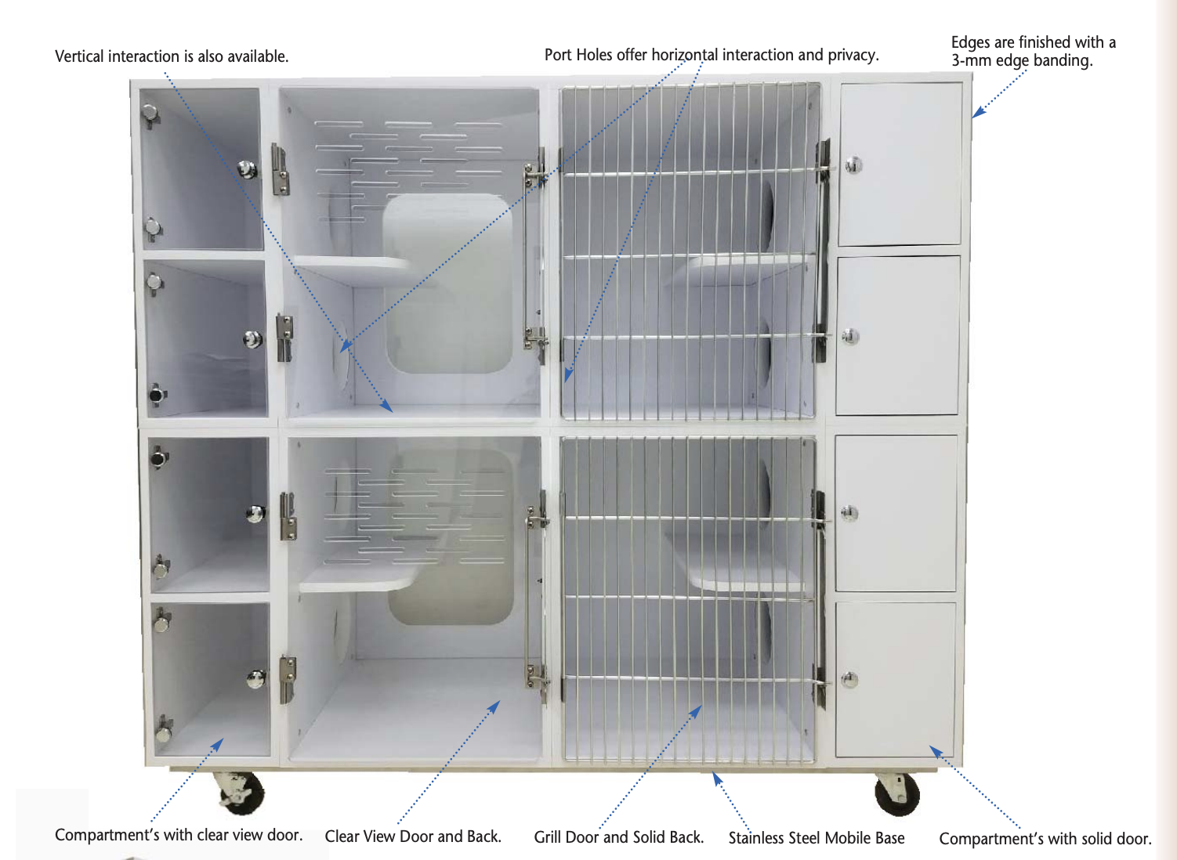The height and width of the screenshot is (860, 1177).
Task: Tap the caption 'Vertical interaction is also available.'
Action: pyautogui.click(x=172, y=56)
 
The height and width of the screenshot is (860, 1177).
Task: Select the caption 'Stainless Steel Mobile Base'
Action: pyautogui.click(x=817, y=838)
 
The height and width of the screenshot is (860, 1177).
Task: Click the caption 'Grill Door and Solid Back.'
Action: pyautogui.click(x=619, y=837)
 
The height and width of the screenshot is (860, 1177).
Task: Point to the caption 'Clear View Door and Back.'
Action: pyautogui.click(x=413, y=837)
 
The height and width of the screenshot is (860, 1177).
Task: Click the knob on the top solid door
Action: pyautogui.click(x=853, y=164)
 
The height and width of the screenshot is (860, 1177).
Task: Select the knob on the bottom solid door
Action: pyautogui.click(x=850, y=679)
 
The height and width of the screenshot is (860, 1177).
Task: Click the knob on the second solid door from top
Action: pyautogui.click(x=851, y=337)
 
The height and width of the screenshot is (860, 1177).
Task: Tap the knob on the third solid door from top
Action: pyautogui.click(x=850, y=513)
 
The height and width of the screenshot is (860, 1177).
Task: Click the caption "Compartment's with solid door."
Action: pyautogui.click(x=1045, y=839)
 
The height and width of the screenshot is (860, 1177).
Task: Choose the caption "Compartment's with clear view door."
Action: pyautogui.click(x=179, y=835)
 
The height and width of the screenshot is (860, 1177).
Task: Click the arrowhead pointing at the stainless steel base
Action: pyautogui.click(x=716, y=778)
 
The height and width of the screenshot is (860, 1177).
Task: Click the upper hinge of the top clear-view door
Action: pyautogui.click(x=280, y=168)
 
